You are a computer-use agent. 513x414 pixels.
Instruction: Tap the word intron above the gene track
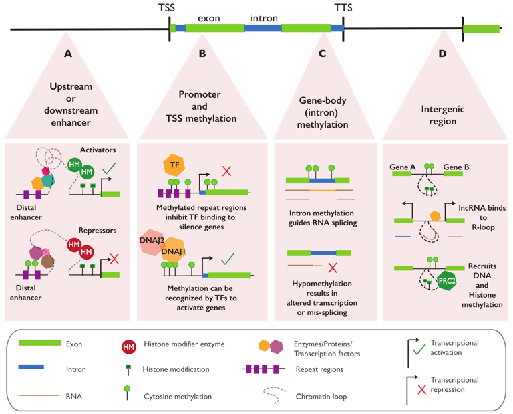click(x=264, y=18)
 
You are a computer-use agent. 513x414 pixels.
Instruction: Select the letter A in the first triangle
click(x=67, y=54)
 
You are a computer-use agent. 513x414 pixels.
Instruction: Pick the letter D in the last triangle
click(x=442, y=54)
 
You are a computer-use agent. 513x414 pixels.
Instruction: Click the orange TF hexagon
click(x=174, y=165)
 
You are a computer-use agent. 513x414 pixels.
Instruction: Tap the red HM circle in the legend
click(x=128, y=346)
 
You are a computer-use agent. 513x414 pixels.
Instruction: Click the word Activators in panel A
click(x=98, y=150)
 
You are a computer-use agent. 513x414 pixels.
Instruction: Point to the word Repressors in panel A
click(x=98, y=231)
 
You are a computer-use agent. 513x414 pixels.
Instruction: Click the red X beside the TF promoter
click(x=226, y=171)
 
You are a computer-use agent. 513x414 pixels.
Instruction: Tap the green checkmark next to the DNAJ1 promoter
click(x=228, y=257)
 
